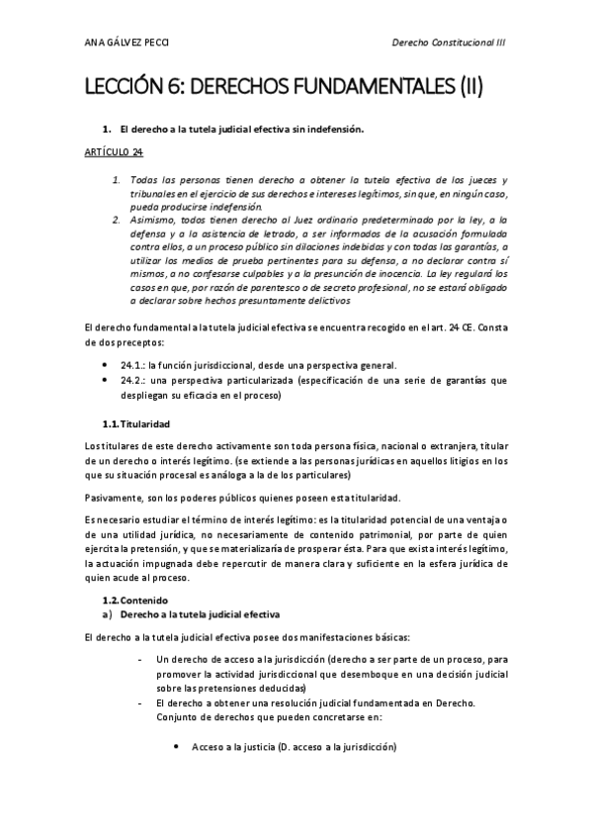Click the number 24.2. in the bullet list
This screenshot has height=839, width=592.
click(x=133, y=380)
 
